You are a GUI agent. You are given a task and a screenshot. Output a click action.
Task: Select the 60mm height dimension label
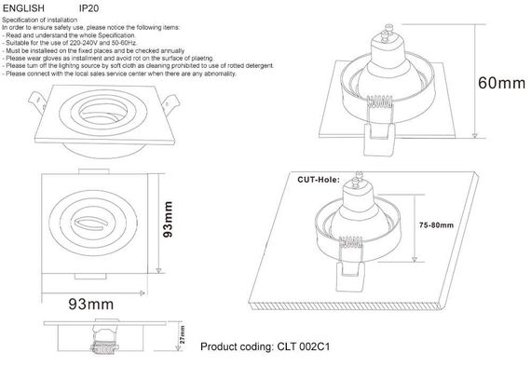tap(501, 83)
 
